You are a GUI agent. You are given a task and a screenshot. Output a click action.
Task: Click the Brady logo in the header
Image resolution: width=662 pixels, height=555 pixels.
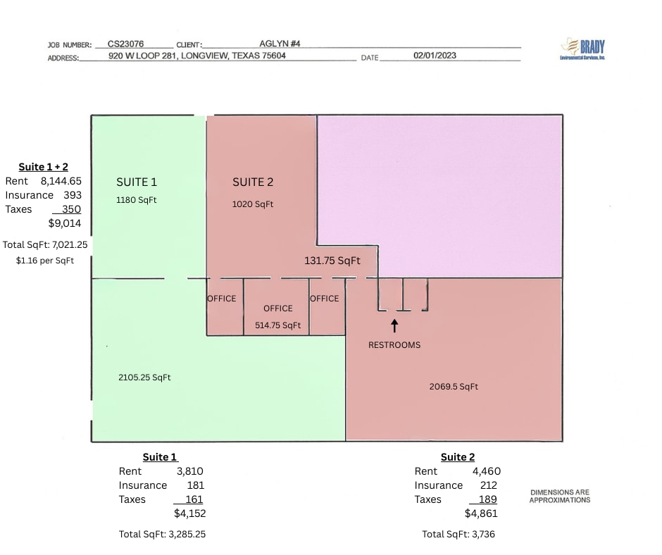(582, 49)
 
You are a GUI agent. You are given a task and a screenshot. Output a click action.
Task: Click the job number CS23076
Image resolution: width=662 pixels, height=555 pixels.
(125, 44)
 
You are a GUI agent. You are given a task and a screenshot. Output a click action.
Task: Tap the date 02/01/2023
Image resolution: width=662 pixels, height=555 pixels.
(435, 56)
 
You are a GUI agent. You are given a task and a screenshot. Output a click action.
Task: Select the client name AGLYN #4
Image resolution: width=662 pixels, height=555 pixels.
(280, 44)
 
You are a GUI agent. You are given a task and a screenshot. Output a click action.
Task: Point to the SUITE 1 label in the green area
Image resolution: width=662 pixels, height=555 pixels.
(137, 182)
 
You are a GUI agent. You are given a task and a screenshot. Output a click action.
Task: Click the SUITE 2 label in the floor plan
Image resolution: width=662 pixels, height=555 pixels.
(253, 182)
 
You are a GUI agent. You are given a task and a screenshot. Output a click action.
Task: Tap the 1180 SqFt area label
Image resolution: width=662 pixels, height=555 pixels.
(137, 200)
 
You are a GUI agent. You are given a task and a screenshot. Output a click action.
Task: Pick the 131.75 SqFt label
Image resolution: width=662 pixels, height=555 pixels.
(332, 261)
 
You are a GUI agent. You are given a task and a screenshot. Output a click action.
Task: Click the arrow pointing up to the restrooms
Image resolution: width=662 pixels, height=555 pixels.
(394, 325)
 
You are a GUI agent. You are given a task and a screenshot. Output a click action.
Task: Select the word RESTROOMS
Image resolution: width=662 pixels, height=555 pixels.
(394, 345)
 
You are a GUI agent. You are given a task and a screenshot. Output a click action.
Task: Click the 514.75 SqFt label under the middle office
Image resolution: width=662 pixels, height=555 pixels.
(277, 325)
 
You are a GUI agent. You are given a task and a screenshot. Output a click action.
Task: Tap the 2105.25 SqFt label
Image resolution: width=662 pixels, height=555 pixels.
(144, 378)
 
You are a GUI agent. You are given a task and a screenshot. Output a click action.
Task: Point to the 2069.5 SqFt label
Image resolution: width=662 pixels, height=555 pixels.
(454, 387)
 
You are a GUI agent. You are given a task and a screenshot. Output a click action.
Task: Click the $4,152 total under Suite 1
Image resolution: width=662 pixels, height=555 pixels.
(190, 513)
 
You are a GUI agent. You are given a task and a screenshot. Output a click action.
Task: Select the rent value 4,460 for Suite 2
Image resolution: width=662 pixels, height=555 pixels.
(487, 471)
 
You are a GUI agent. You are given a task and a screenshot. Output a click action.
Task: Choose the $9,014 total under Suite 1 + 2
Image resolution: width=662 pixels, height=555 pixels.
(65, 223)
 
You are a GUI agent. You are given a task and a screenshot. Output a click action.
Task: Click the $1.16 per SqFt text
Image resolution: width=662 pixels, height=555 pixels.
(45, 261)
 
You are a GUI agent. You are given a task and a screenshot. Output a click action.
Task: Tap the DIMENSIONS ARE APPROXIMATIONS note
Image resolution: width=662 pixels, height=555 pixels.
(560, 497)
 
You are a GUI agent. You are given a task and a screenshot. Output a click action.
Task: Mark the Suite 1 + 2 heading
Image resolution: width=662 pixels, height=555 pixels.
(43, 167)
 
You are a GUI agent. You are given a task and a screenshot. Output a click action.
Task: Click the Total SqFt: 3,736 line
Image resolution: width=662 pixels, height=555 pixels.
(458, 535)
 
